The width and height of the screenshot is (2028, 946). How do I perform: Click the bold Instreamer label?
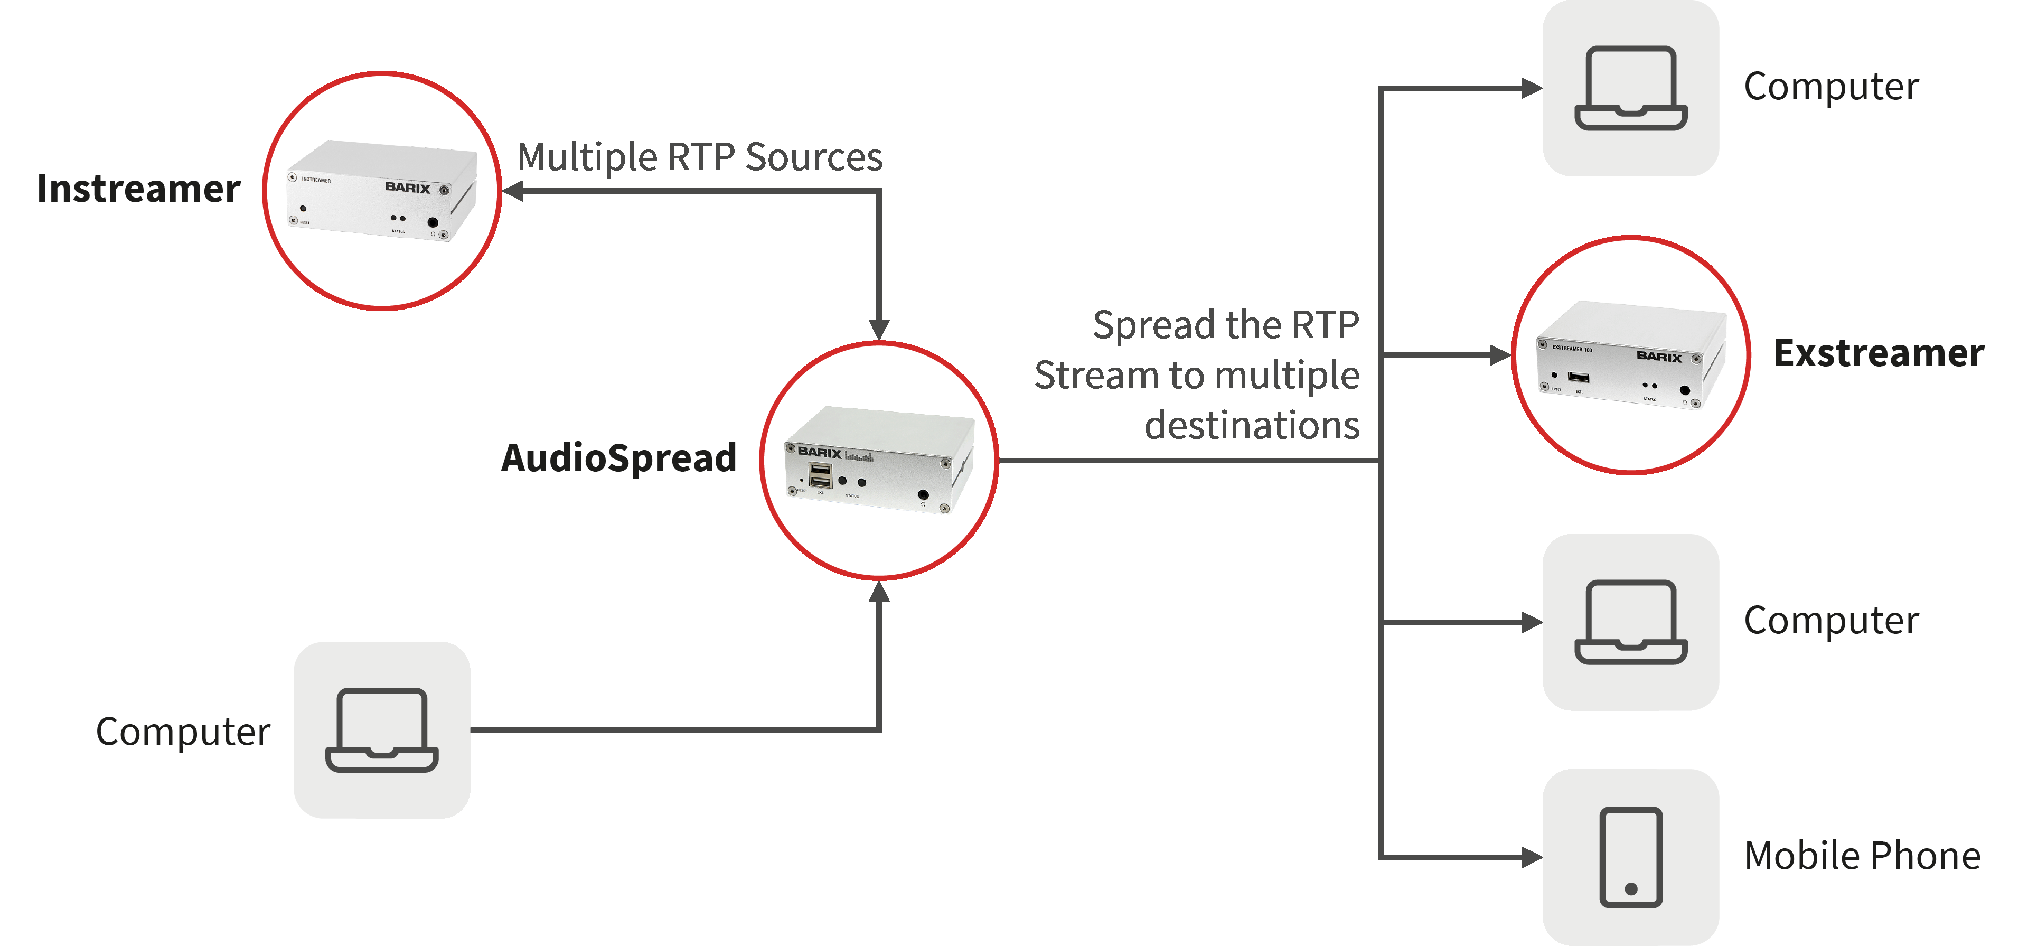tap(138, 189)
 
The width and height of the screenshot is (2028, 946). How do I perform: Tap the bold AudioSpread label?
tap(619, 457)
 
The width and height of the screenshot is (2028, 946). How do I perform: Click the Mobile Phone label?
tap(1862, 856)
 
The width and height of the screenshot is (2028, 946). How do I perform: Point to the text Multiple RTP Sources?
tap(700, 157)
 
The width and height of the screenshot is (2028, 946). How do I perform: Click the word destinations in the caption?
tap(1252, 425)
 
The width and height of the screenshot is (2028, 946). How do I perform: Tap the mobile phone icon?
tap(1630, 857)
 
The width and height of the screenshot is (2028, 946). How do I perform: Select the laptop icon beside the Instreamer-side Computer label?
tap(382, 730)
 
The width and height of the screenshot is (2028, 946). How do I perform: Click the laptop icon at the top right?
tap(1630, 88)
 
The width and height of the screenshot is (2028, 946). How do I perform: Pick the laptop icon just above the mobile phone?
tap(1630, 622)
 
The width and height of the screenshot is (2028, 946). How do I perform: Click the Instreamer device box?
tap(382, 191)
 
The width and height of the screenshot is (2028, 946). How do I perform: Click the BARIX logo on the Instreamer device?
tap(408, 188)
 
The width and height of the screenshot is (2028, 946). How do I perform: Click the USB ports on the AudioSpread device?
tap(820, 475)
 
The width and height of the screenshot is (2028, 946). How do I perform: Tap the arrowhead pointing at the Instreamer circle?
tap(512, 191)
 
